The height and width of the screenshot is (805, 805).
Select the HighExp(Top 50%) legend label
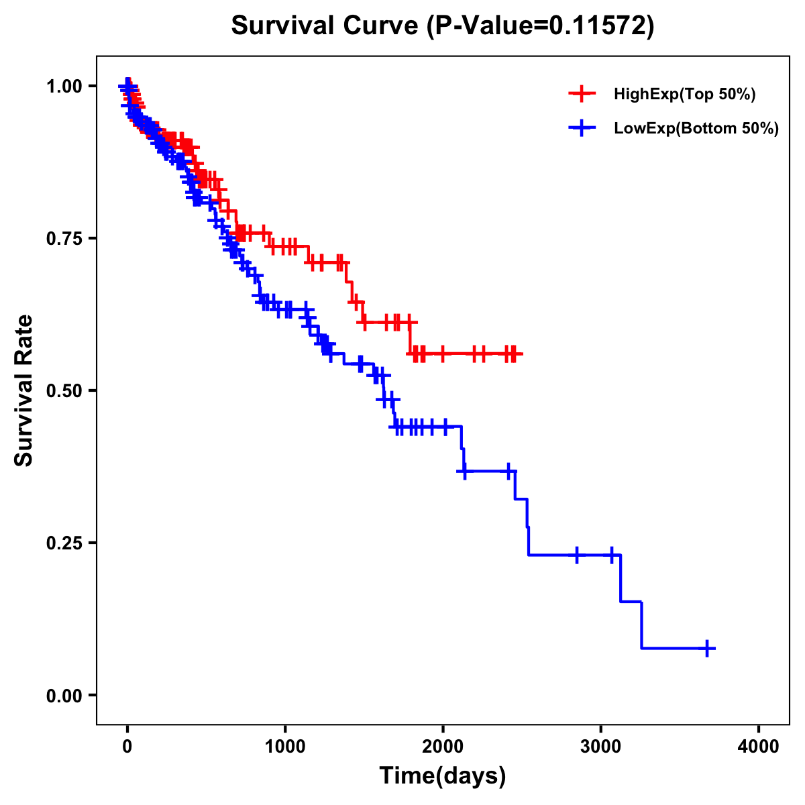pos(685,95)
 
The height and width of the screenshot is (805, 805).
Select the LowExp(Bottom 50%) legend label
pos(696,129)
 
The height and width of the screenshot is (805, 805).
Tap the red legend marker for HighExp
pos(582,94)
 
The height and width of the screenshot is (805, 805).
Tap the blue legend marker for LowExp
pos(582,128)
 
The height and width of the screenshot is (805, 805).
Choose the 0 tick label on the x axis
pos(127,747)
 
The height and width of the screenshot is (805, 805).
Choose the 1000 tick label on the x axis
pos(285,747)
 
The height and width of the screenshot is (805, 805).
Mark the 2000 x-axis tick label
pos(443,747)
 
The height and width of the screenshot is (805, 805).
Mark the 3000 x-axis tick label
pos(600,747)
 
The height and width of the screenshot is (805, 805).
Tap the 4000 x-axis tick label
pos(759,747)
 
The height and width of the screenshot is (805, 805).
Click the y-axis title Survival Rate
pos(24,390)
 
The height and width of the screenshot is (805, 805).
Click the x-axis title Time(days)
pos(443,776)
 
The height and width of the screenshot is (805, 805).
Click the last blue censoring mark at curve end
pos(707,648)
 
